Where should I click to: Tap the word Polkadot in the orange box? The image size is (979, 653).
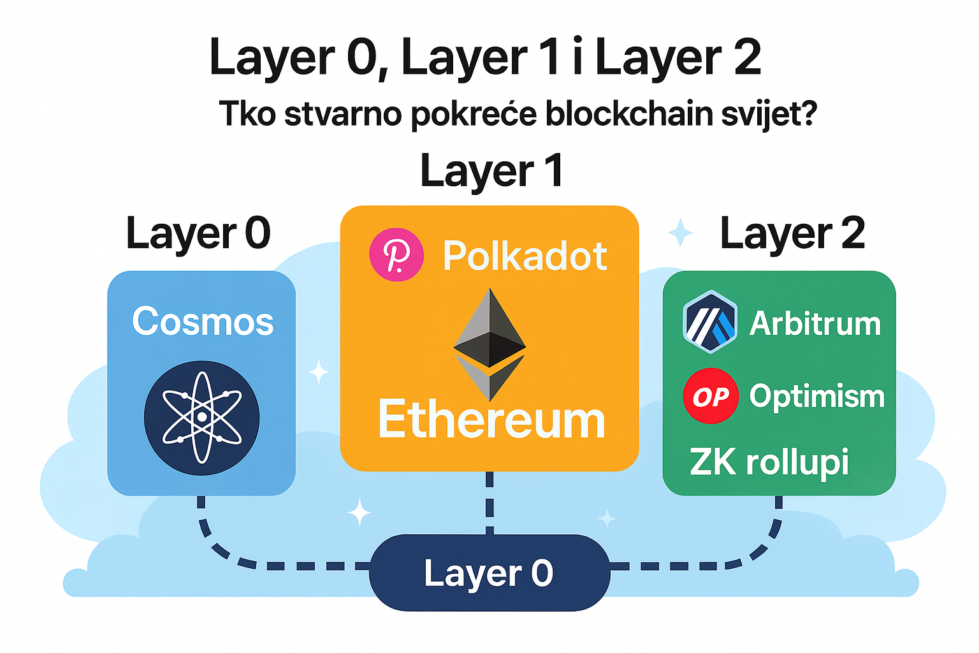pyautogui.click(x=525, y=256)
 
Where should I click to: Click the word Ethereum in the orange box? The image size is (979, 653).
pyautogui.click(x=491, y=420)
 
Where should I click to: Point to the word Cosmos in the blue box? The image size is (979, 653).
pyautogui.click(x=203, y=321)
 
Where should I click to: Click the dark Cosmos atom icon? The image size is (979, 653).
pyautogui.click(x=201, y=417)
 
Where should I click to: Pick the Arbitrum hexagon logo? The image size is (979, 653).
pyautogui.click(x=709, y=322)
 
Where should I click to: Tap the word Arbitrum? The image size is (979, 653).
pyautogui.click(x=815, y=323)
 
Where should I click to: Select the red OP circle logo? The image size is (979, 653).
pyautogui.click(x=710, y=396)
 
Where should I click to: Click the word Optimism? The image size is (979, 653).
pyautogui.click(x=817, y=396)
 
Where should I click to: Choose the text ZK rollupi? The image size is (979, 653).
pyautogui.click(x=769, y=462)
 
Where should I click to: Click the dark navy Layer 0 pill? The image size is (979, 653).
pyautogui.click(x=489, y=573)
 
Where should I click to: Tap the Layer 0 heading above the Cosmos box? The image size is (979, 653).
pyautogui.click(x=198, y=233)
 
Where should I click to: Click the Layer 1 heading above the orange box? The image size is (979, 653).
pyautogui.click(x=492, y=171)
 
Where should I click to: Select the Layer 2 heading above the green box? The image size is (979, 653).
pyautogui.click(x=792, y=233)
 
